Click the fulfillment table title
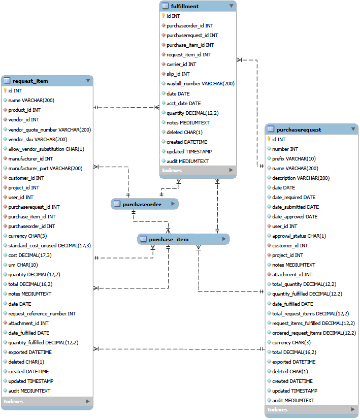click(x=185, y=6)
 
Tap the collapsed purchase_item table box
click(x=183, y=239)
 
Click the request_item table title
click(x=30, y=81)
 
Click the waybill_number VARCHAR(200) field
click(x=200, y=84)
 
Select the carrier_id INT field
click(x=181, y=64)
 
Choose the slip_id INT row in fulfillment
click(x=178, y=74)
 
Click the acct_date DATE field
click(x=183, y=103)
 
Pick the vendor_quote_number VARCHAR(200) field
click(x=50, y=130)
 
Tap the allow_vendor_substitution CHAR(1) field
click(x=46, y=149)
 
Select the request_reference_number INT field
click(x=42, y=313)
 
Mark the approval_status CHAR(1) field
click(x=299, y=236)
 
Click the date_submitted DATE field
click(x=296, y=207)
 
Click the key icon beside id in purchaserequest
click(x=269, y=139)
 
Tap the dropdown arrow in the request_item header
click(x=88, y=80)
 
